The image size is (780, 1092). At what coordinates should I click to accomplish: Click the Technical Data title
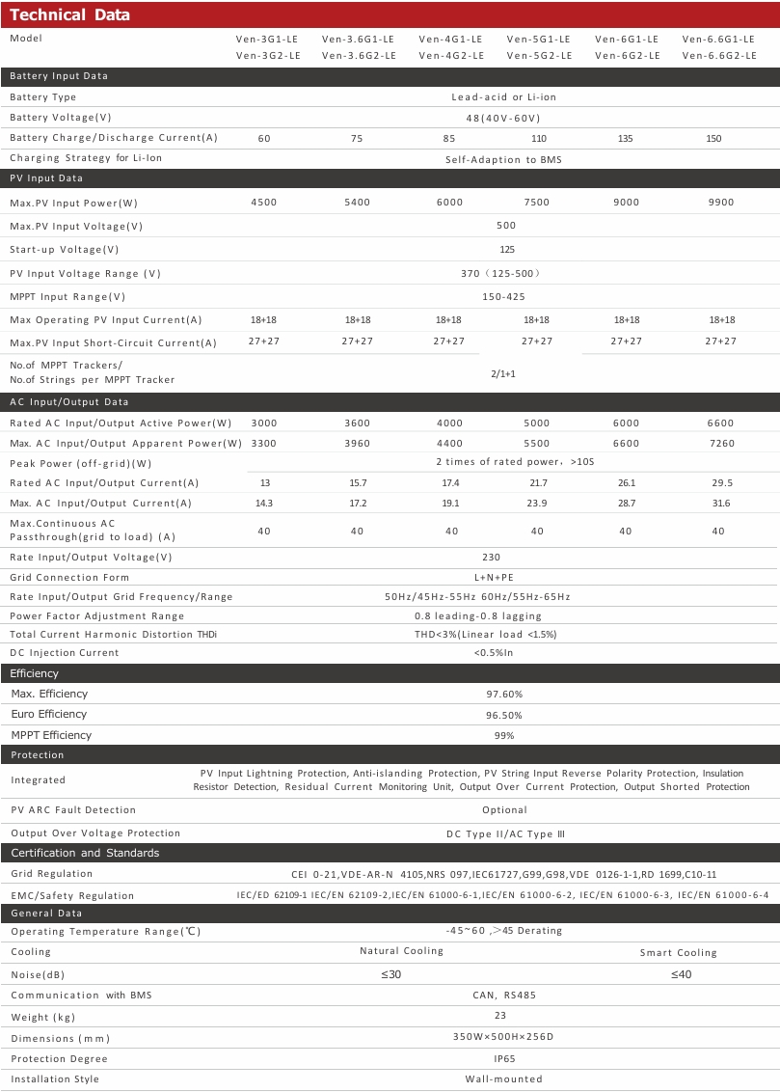[x=69, y=15]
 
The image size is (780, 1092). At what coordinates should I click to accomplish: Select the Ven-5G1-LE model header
[x=538, y=40]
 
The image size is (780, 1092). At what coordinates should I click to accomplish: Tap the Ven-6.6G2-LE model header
[x=718, y=56]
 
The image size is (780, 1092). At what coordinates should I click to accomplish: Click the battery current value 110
[x=539, y=139]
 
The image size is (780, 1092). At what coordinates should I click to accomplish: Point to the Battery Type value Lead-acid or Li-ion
[x=504, y=97]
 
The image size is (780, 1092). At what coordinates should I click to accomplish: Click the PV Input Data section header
[x=46, y=178]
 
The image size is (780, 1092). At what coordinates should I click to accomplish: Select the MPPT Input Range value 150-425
[x=504, y=297]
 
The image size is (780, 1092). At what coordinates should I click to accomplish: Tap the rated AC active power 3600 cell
[x=357, y=423]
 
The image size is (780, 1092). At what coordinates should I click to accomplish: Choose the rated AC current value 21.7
[x=538, y=483]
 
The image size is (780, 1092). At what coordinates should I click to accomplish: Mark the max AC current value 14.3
[x=262, y=504]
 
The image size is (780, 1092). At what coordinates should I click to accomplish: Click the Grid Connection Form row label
[x=69, y=578]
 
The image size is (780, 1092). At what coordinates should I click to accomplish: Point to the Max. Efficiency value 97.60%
[x=504, y=695]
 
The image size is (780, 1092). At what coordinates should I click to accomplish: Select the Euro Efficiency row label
[x=49, y=715]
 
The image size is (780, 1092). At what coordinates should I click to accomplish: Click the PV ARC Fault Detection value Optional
[x=504, y=810]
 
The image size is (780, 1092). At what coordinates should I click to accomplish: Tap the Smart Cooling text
[x=679, y=953]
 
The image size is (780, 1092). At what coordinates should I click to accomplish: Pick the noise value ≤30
[x=391, y=974]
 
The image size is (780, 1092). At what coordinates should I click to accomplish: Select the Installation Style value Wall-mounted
[x=504, y=1079]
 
